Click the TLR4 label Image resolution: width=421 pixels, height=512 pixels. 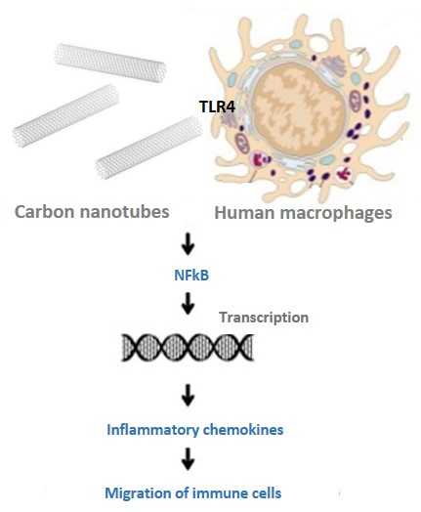click(x=217, y=107)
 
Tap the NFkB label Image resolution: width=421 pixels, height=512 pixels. click(x=191, y=275)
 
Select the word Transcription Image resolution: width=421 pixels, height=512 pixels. click(x=264, y=318)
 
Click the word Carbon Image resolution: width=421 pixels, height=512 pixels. click(x=45, y=212)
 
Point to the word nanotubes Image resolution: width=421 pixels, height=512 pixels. click(x=124, y=212)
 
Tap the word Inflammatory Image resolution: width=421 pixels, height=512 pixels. click(x=152, y=430)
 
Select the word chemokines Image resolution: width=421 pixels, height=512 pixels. click(x=243, y=429)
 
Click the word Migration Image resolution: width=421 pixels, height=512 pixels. click(x=138, y=493)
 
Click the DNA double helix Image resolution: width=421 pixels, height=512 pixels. click(x=188, y=348)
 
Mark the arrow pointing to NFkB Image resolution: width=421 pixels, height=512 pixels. click(x=188, y=244)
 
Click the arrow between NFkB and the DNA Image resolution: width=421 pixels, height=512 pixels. click(x=188, y=304)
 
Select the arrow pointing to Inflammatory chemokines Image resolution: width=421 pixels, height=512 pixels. click(x=188, y=396)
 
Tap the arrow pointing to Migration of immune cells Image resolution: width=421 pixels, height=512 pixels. click(x=188, y=459)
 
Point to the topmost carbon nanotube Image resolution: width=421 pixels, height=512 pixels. click(x=110, y=63)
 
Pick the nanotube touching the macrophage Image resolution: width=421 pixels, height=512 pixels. click(x=149, y=148)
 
